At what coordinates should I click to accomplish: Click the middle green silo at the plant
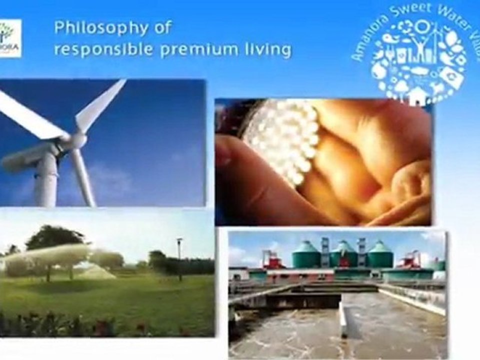tap(343, 255)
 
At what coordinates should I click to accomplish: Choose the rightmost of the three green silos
tap(380, 255)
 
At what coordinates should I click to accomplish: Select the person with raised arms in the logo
tap(420, 45)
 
